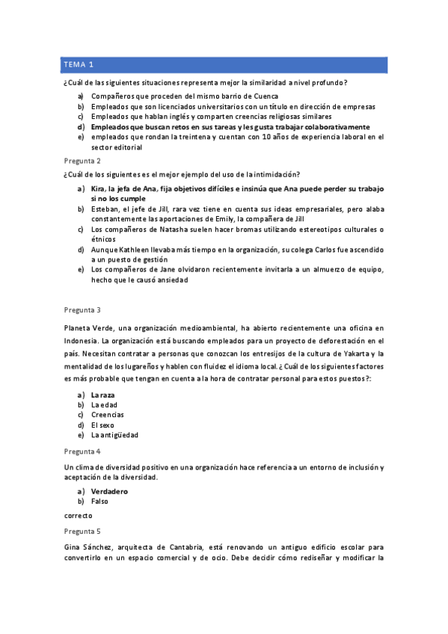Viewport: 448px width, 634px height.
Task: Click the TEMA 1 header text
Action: (x=79, y=65)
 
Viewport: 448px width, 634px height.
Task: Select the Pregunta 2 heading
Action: (x=82, y=161)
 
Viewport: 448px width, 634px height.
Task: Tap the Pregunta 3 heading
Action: (x=82, y=310)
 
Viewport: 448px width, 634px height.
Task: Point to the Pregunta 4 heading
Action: (x=82, y=452)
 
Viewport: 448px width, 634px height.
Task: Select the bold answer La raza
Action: (x=103, y=395)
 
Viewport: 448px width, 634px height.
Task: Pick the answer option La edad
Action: (x=104, y=405)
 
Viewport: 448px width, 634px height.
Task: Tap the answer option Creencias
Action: (x=108, y=415)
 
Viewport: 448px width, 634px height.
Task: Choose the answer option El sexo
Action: (x=103, y=425)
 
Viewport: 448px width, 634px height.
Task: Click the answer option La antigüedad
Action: (x=114, y=434)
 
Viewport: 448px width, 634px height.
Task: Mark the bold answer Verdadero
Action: (x=109, y=491)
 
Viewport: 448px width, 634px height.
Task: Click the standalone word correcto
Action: (x=78, y=515)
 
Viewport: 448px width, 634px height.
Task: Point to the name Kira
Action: (x=99, y=189)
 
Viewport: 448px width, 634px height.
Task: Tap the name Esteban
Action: (x=105, y=209)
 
